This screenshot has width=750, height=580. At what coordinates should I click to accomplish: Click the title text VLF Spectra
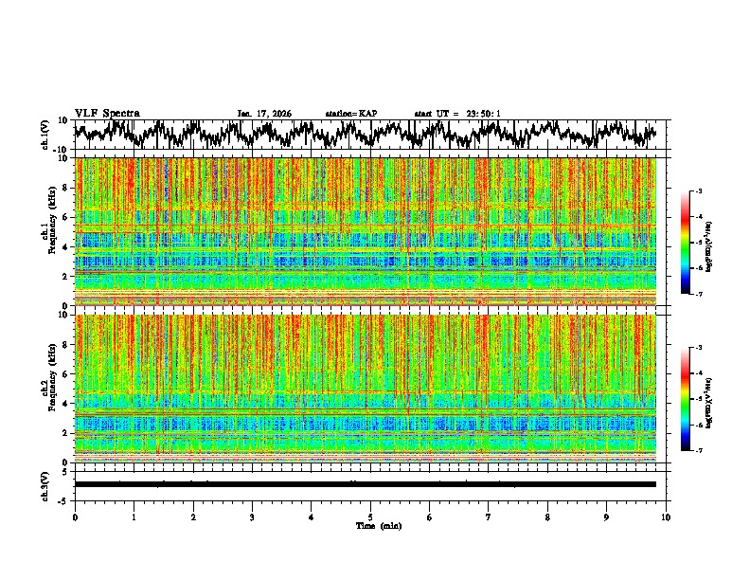coord(107,113)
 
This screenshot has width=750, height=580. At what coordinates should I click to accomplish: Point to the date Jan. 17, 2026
coord(264,114)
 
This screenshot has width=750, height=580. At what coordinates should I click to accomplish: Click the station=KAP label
coord(350,114)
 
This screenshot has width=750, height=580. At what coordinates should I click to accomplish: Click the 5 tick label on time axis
coord(370,517)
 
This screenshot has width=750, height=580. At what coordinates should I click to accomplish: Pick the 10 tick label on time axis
coord(666,517)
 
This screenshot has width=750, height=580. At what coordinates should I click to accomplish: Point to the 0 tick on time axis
coord(75,517)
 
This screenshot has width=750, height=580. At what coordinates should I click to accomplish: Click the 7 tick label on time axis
coord(489,517)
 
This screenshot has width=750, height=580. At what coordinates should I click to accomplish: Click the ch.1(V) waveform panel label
coord(45,135)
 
